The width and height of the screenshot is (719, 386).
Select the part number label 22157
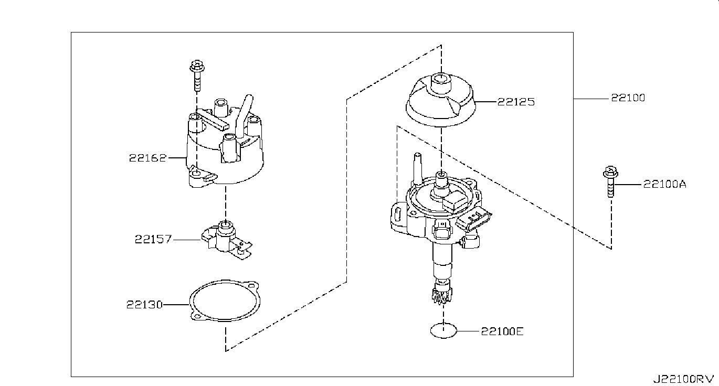(153, 240)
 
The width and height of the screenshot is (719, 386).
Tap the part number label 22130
(144, 304)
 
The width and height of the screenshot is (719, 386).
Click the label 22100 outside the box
(627, 98)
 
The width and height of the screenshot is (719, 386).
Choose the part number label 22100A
(664, 184)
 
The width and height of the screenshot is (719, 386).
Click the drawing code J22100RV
(683, 378)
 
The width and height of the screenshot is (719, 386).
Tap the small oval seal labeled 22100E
(443, 331)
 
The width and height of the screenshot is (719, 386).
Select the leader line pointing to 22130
(176, 304)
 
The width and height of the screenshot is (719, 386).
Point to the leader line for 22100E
(467, 331)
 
